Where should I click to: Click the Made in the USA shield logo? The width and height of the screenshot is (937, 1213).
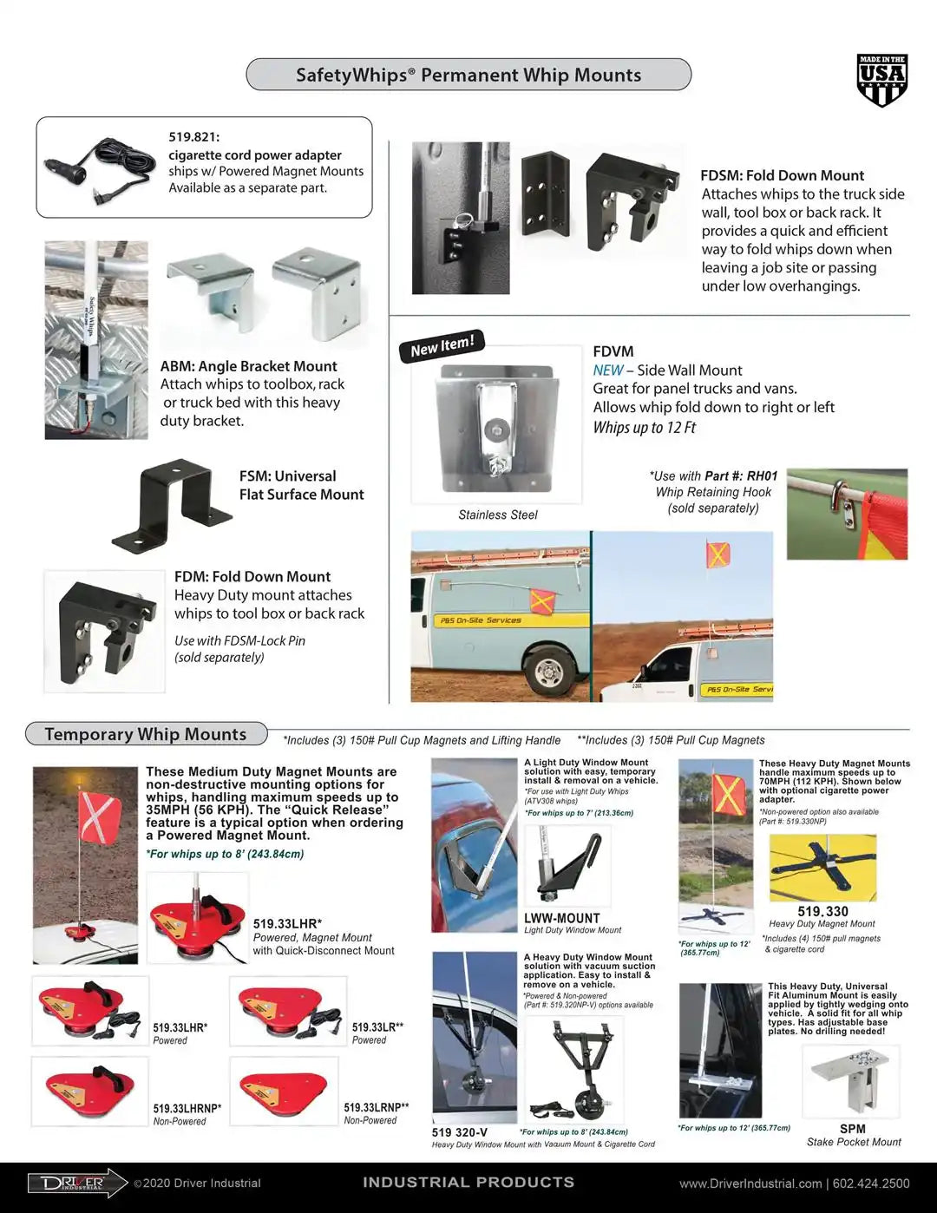pos(881,81)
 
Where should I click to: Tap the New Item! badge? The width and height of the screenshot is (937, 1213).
pos(442,345)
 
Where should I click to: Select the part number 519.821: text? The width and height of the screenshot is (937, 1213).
pos(194,137)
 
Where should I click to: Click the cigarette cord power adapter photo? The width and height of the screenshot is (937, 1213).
pos(101,167)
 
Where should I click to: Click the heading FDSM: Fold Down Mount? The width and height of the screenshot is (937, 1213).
pos(782,175)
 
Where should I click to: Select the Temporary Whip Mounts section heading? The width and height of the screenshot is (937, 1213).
pos(146,734)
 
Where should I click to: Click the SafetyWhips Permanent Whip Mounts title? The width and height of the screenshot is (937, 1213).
pos(468,75)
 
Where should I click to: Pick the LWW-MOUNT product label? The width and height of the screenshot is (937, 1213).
pos(561,918)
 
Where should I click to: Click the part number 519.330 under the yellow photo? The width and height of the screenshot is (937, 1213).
pos(822,911)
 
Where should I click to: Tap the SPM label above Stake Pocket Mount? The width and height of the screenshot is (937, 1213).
pos(852,1129)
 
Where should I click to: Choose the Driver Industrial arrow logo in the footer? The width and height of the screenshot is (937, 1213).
pos(76,1183)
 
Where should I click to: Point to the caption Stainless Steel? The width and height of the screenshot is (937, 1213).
pos(498,515)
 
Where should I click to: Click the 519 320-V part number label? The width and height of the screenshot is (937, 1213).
pos(459,1132)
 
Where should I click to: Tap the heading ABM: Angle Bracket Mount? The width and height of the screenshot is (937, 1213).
pos(248,366)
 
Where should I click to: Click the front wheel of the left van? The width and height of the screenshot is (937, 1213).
pos(549,671)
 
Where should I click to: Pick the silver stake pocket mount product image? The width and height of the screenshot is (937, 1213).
pos(850,1080)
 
